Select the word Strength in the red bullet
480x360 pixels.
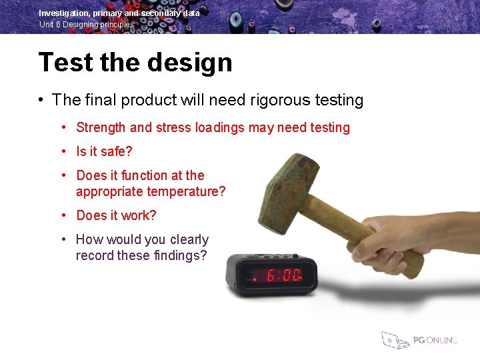click(101, 127)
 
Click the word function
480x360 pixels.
click(143, 175)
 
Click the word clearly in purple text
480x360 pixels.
click(189, 239)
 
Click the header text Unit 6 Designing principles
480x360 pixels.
click(87, 25)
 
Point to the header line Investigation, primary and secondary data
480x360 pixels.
click(119, 13)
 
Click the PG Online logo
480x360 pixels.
click(419, 339)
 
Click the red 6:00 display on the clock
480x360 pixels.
click(283, 275)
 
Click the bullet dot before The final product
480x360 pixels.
click(41, 101)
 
